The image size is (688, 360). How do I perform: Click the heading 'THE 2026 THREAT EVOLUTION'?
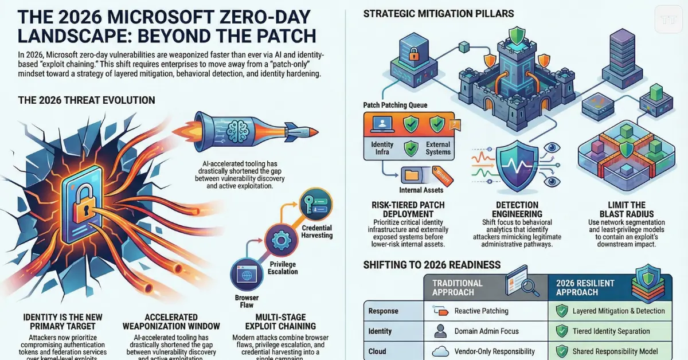coord(87,100)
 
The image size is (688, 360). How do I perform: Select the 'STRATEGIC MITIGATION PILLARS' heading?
coord(439,13)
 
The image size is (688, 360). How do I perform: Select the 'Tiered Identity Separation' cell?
coord(611,331)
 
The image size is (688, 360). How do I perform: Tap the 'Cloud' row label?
coord(377,351)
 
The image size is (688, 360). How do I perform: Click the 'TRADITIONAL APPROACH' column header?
coord(458,287)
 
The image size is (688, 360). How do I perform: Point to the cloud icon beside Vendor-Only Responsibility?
coord(440,351)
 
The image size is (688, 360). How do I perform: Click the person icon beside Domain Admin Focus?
coord(440,331)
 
